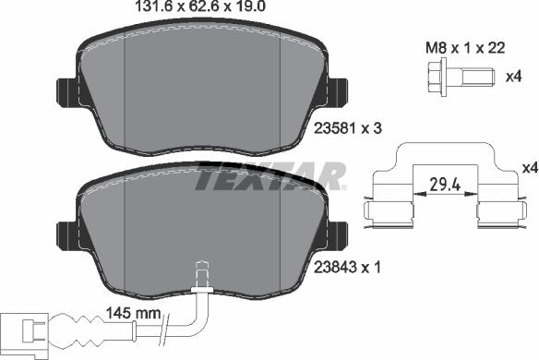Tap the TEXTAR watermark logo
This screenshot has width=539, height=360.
(269, 175)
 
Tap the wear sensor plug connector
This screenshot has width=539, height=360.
(24, 330)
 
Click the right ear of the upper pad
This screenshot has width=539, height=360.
(335, 91)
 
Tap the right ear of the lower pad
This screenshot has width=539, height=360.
(335, 234)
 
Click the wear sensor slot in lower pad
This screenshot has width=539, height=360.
(201, 275)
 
